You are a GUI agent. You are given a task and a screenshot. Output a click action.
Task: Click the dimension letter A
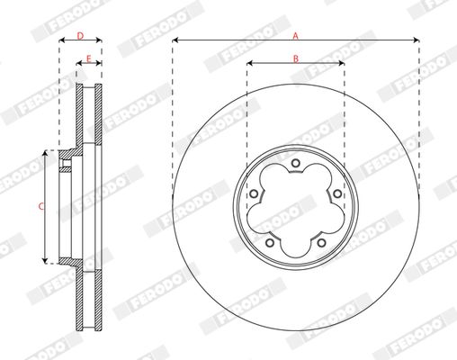pos(295,35)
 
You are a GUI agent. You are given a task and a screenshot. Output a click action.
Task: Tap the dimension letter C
pos(41,206)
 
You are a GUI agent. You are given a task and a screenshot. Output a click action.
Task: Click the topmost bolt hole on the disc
pos(296,163)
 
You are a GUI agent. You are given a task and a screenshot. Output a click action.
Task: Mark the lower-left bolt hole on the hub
pos(270,242)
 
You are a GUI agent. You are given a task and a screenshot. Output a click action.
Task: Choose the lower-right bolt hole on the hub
pos(321,242)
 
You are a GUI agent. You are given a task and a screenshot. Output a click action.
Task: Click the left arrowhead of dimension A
pos(175,40)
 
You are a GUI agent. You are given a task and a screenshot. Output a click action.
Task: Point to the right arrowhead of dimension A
pos(417,40)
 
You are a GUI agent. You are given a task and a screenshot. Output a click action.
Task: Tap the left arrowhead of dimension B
pos(249,64)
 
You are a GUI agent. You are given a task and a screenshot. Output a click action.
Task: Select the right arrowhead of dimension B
pos(342,64)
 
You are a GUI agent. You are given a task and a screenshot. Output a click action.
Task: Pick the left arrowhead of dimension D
pos(61,41)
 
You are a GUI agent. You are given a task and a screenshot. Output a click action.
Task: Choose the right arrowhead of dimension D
pos(99,41)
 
